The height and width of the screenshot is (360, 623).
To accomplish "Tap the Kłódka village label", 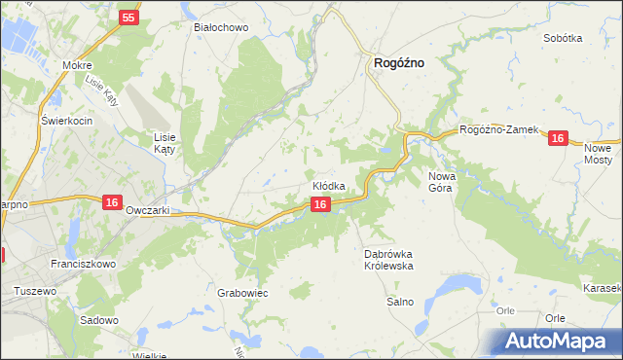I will (x=328, y=185).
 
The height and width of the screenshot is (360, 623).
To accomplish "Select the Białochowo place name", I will (x=222, y=27).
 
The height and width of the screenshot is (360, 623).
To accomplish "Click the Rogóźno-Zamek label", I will (x=498, y=130).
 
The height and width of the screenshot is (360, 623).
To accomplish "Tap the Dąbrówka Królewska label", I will (x=389, y=259).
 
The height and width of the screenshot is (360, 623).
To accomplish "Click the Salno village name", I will (x=400, y=302).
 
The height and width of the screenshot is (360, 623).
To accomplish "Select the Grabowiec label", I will (x=243, y=292).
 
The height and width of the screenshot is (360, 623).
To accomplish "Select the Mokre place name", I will (x=76, y=65).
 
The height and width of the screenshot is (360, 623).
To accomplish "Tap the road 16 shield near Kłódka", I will (x=319, y=203).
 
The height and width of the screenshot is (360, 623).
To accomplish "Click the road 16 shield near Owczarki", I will (x=112, y=201).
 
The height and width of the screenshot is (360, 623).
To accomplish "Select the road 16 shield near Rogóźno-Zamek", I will (x=557, y=139).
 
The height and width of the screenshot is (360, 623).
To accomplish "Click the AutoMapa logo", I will (x=560, y=340).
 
